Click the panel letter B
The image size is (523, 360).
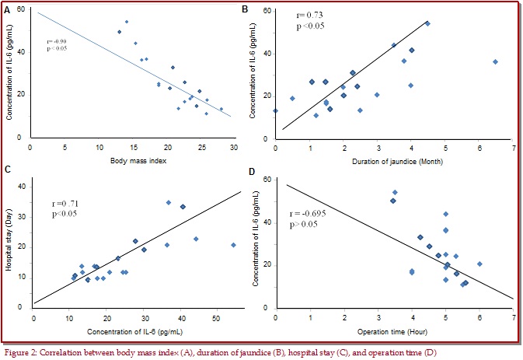[246, 9]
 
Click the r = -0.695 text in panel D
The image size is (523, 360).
[309, 212]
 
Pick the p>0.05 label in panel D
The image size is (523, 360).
[305, 224]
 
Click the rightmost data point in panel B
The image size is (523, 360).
[495, 61]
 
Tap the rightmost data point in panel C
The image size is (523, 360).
[233, 245]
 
